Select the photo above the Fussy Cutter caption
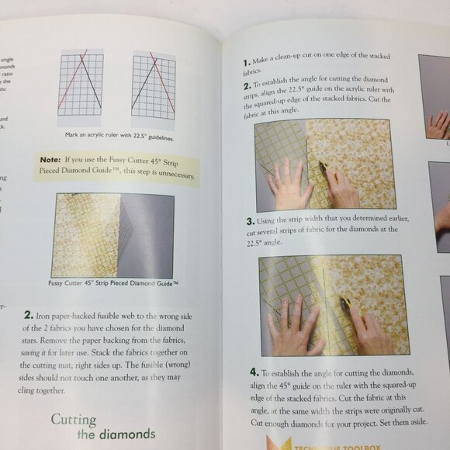coord(113,236)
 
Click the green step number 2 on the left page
coord(28,315)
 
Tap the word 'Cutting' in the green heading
coord(74,420)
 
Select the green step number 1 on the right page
coord(246,61)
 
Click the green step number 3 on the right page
coord(251,221)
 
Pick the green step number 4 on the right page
coord(254,372)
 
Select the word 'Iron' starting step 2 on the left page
coord(44,316)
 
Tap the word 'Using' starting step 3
coord(272,220)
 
